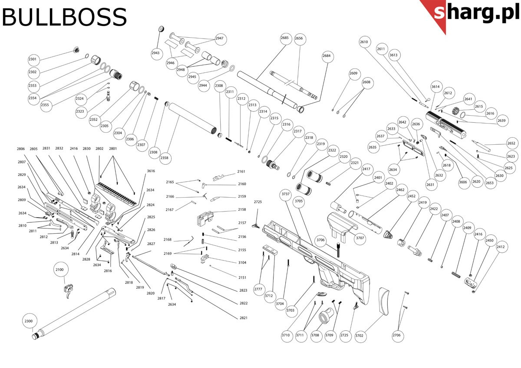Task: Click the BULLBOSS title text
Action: pos(64,18)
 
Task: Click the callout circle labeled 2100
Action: pos(59,270)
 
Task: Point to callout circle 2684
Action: pos(326,56)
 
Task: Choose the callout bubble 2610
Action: pos(364,42)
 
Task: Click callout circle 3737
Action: pos(285,195)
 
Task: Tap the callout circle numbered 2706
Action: pos(397,335)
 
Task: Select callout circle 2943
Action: pos(156,53)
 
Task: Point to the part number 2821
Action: pos(243,318)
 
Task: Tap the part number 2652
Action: pos(511,143)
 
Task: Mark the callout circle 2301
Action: pos(33,59)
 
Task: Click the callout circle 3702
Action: pos(359,335)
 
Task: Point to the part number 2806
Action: pos(21,149)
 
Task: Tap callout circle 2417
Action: pos(366,169)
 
